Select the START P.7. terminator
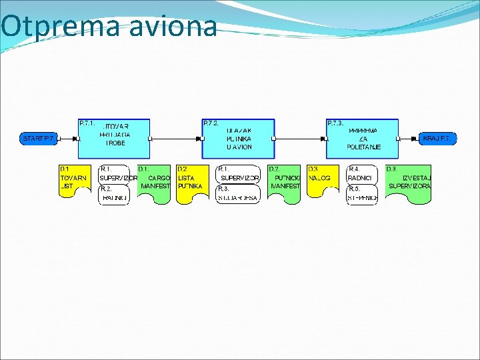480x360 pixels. (39, 139)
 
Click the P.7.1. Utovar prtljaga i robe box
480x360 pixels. (114, 139)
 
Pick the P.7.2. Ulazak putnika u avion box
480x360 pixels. (238, 139)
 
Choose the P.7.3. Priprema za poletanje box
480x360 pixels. (362, 139)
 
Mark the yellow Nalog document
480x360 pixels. (322, 182)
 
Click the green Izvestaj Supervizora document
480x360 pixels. (408, 182)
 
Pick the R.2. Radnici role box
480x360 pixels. (114, 194)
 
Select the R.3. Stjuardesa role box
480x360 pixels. (238, 194)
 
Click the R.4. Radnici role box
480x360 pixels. (362, 174)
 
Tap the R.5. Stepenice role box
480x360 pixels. (362, 194)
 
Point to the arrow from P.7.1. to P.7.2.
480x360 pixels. (177, 139)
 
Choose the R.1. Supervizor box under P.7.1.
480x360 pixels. (114, 174)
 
